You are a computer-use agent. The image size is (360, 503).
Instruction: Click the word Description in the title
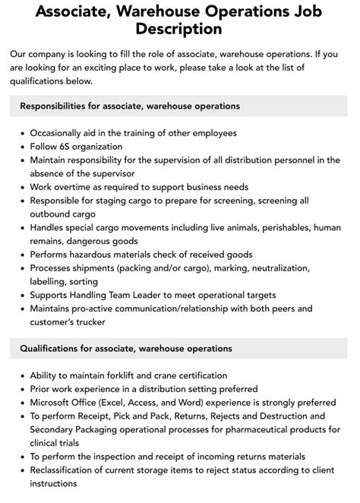point(179,30)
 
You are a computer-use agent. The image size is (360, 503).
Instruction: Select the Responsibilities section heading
point(130,106)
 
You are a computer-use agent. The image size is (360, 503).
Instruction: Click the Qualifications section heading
point(126,348)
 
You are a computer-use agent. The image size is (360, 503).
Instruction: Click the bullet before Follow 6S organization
point(21,147)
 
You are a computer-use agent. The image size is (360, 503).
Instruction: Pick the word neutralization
point(276,268)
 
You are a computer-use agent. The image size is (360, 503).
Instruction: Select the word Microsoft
point(55,403)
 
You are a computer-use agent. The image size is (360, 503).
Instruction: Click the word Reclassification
point(68,470)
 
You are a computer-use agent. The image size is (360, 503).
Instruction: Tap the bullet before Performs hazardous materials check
point(21,255)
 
